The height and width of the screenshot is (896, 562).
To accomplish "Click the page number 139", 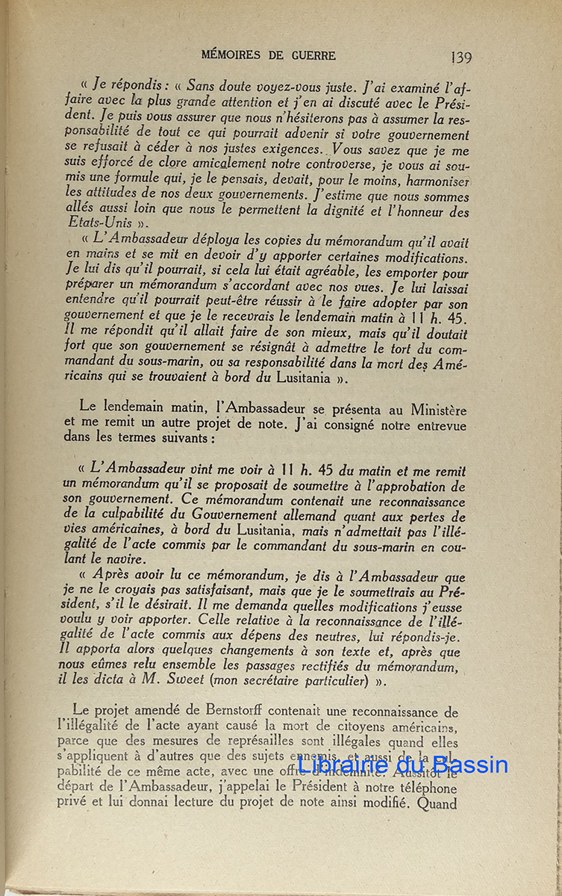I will point(461,57).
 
